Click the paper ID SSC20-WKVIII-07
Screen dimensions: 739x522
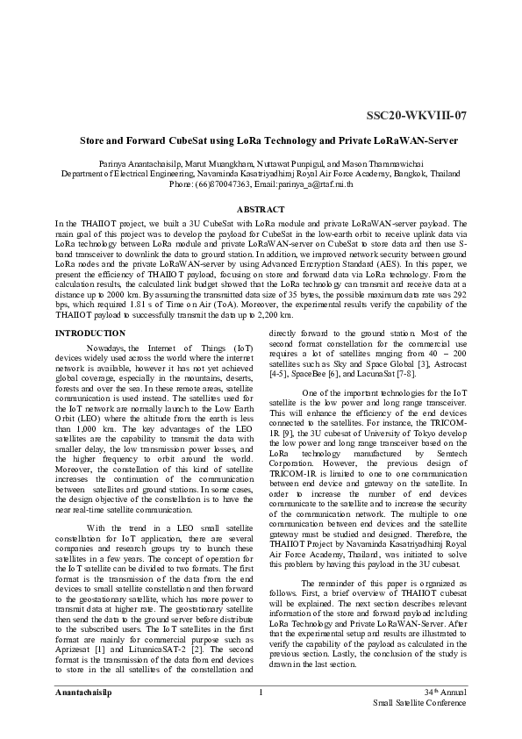tap(417, 116)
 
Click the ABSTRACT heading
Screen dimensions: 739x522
tap(261, 209)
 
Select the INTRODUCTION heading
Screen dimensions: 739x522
tap(89, 334)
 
